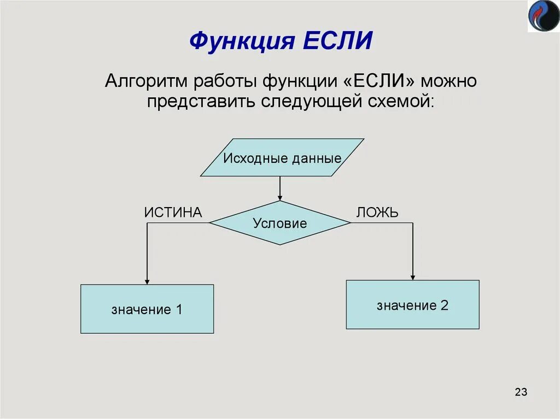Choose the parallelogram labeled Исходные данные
pos(282,158)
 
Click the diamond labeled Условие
pos(279,223)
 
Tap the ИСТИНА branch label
pos(173,213)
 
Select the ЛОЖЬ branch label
pos(377,213)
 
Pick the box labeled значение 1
pos(147,309)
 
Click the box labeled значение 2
pos(412,305)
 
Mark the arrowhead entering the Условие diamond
pos(280,198)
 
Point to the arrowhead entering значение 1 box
pos(147,281)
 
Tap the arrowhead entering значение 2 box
pos(413,277)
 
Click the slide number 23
pos(521,392)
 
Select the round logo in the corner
pos(543,16)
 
